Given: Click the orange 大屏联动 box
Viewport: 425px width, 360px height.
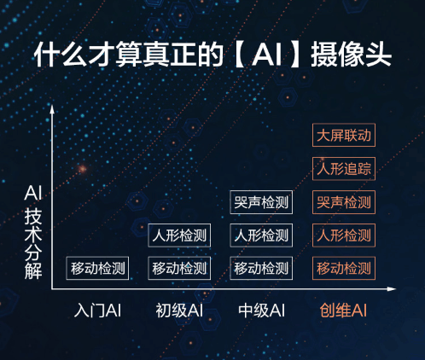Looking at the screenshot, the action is pyautogui.click(x=344, y=135).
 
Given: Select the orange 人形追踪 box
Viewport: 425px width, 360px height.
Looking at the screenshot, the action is pyautogui.click(x=344, y=169).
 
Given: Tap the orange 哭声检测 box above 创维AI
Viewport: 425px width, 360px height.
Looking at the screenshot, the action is pyautogui.click(x=344, y=202).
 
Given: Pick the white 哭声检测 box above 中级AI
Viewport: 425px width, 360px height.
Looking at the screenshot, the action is pyautogui.click(x=261, y=202).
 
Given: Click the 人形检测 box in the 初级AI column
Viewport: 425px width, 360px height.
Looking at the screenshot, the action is pyautogui.click(x=179, y=235).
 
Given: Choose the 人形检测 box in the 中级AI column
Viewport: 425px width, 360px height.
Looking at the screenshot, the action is pyautogui.click(x=261, y=235).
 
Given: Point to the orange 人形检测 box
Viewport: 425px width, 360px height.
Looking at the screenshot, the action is pyautogui.click(x=344, y=235).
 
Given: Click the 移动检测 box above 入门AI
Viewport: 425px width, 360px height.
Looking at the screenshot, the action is pyautogui.click(x=97, y=268).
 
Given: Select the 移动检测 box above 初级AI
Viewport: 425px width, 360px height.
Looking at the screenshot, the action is pyautogui.click(x=179, y=268).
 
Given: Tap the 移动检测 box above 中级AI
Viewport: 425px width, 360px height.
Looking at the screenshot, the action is pyautogui.click(x=261, y=268).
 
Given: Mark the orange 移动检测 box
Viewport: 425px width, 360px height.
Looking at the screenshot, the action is pyautogui.click(x=344, y=268).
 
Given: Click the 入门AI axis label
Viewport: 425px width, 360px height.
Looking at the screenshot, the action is pyautogui.click(x=97, y=311).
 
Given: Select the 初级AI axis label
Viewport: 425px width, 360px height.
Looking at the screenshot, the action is pyautogui.click(x=179, y=311).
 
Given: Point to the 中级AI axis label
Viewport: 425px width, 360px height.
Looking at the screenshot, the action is pyautogui.click(x=261, y=311).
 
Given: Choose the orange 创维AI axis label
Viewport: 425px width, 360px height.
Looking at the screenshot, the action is pyautogui.click(x=343, y=311).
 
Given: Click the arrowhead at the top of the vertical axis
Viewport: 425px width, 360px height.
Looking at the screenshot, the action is pyautogui.click(x=52, y=108).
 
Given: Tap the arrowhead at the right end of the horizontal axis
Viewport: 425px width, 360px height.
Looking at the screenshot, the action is pyautogui.click(x=392, y=289).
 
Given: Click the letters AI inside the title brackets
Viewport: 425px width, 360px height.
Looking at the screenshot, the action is pyautogui.click(x=266, y=55).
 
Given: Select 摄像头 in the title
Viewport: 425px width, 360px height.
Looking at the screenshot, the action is pyautogui.click(x=351, y=55).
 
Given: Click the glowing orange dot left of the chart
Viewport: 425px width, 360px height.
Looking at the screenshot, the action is pyautogui.click(x=82, y=169).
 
